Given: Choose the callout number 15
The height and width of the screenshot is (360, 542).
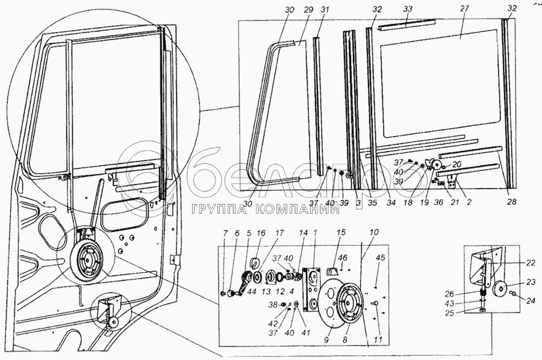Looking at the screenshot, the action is (x=340, y=232).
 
